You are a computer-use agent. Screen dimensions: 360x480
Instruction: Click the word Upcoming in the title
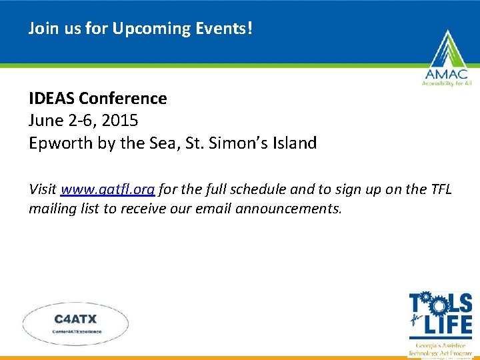point(143,30)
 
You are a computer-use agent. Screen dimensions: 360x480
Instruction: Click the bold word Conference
point(123,99)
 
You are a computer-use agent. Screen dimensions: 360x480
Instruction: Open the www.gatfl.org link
point(108,189)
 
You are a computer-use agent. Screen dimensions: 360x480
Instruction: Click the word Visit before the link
point(43,189)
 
